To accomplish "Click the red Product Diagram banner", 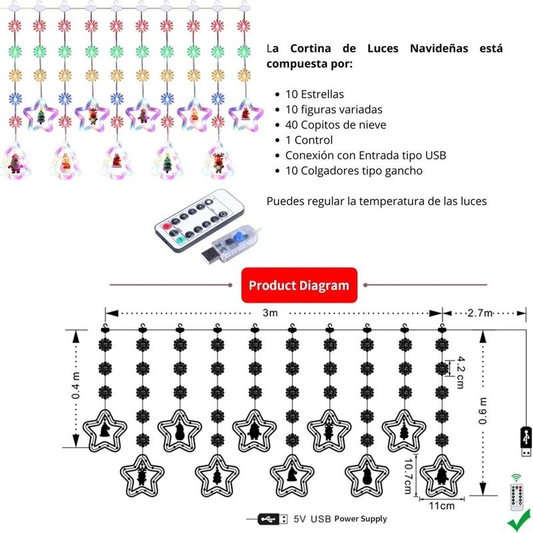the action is (x=299, y=285).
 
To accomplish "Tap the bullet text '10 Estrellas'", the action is (x=314, y=94).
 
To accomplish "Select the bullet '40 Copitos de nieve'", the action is (x=336, y=125).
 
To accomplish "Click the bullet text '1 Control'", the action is (x=308, y=140).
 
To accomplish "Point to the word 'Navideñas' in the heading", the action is (x=439, y=48).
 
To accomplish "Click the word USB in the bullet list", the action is (x=436, y=155).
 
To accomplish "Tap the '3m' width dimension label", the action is (x=270, y=312).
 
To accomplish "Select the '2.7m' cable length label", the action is (x=480, y=312).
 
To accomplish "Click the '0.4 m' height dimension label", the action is (x=75, y=386).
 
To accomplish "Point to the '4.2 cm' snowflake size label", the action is (x=460, y=372).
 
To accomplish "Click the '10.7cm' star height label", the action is (x=408, y=476).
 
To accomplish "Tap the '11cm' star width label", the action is (x=442, y=506).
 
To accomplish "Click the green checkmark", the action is (x=520, y=520).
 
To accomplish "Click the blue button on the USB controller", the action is (x=239, y=237).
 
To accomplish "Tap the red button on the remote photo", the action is (x=166, y=227).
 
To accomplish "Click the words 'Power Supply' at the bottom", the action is (x=360, y=519).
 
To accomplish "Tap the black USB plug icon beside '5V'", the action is (x=272, y=519).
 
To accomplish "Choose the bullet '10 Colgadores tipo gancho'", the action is (x=354, y=171).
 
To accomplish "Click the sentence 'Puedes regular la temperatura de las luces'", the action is (x=376, y=201).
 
